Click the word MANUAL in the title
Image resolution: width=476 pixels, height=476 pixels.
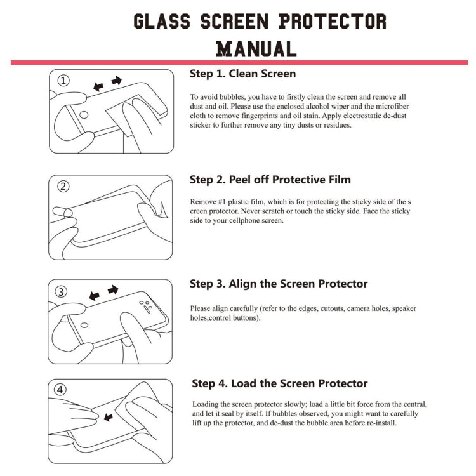tap(256, 48)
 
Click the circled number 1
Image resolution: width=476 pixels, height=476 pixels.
tap(64, 81)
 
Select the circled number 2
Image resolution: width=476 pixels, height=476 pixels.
tap(63, 186)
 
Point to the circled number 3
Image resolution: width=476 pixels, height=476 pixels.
tap(62, 292)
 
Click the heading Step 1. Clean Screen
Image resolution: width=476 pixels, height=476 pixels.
tap(242, 74)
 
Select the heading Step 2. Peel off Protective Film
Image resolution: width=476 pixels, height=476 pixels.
tap(270, 180)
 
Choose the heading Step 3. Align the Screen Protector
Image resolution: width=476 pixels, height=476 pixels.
tap(279, 284)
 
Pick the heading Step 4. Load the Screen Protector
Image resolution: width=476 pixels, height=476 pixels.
tap(280, 383)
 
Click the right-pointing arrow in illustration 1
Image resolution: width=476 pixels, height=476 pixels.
tap(116, 81)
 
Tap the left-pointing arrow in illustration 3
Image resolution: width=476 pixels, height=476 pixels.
tap(95, 296)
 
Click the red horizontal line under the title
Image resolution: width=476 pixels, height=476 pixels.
tap(239, 62)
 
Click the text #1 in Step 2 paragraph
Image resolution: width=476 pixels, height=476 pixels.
tap(223, 201)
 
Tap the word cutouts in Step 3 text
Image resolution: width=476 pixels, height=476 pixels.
tap(342, 308)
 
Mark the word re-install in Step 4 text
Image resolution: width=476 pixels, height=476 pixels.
tap(380, 423)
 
